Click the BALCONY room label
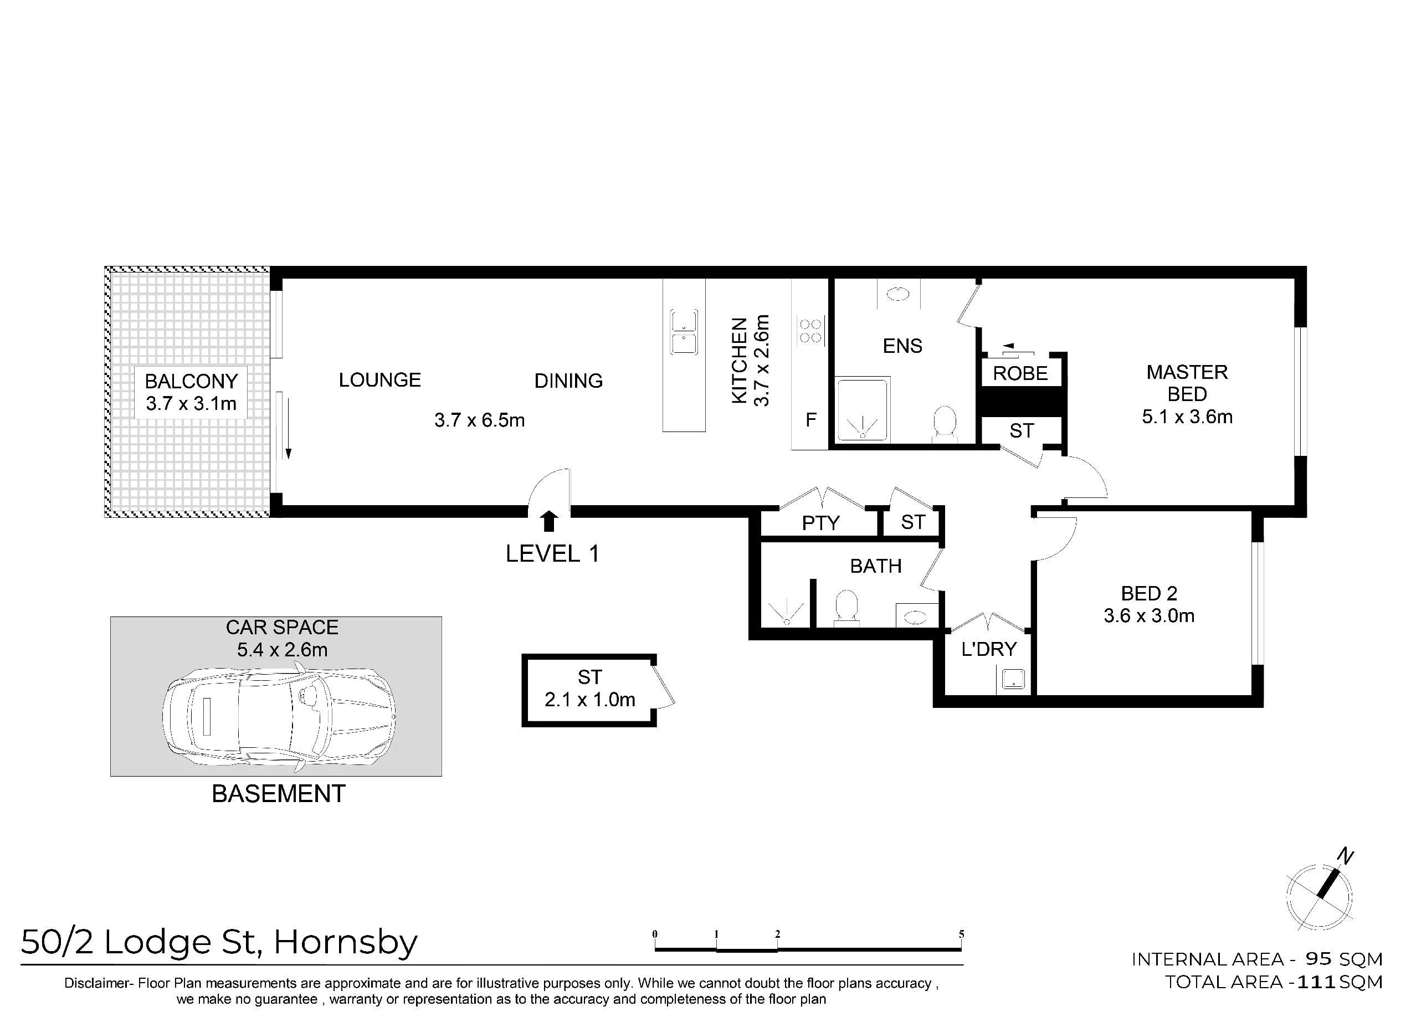tap(191, 381)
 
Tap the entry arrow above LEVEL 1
tap(548, 521)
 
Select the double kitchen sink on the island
tap(684, 332)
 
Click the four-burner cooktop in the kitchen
tap(810, 331)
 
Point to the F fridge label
tap(810, 420)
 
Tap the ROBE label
tap(1020, 373)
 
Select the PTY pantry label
tap(820, 523)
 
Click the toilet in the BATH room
tap(845, 607)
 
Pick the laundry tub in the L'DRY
tap(1012, 679)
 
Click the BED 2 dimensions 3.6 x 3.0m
tap(1148, 616)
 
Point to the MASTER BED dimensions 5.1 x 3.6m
tap(1187, 417)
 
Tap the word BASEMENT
tap(278, 794)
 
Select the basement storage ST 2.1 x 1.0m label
tap(589, 689)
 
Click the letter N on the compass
tap(1345, 857)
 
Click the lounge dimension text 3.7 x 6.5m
tap(479, 420)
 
